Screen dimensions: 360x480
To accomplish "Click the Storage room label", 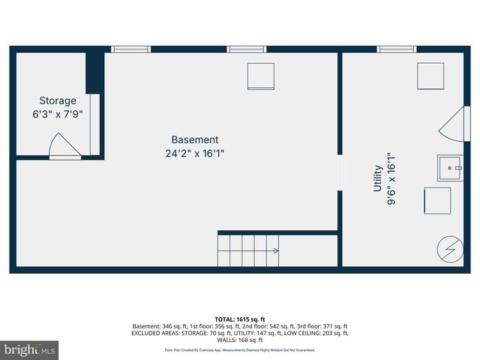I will [x=58, y=100].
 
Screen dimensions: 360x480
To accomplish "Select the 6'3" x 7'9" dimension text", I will [x=58, y=114].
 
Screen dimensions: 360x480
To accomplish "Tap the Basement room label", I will [x=195, y=139].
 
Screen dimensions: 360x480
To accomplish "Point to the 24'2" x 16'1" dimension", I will [x=195, y=153].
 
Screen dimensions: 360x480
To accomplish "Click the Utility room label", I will [x=378, y=179].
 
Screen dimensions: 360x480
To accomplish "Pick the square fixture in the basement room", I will [x=260, y=76].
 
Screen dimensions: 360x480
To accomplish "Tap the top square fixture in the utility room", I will [x=430, y=76].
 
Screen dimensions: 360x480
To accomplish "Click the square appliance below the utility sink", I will [x=437, y=201].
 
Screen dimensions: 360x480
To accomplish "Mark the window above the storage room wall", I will [x=131, y=49].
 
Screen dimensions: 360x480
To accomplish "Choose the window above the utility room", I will [x=397, y=49].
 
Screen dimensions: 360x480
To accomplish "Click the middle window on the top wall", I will [x=247, y=49].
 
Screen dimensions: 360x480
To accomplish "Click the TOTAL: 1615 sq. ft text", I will [x=240, y=318].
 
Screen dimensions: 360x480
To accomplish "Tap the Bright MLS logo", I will [x=30, y=349].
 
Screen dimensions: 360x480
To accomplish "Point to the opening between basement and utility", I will [x=340, y=173].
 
